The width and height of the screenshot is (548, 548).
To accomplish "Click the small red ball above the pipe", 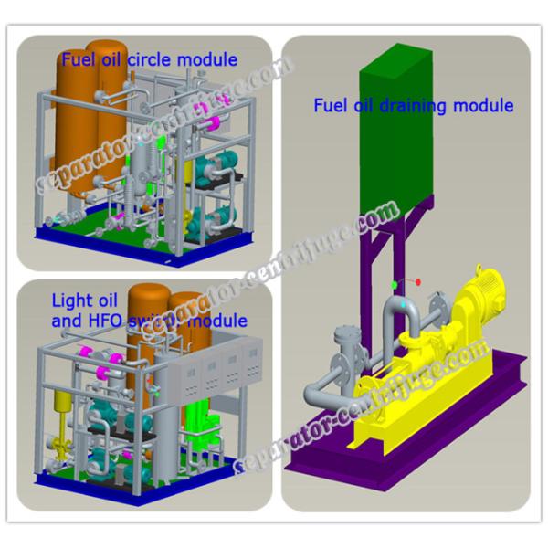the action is [x=418, y=281].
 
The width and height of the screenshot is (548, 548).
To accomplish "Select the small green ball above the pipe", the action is [x=395, y=284].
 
